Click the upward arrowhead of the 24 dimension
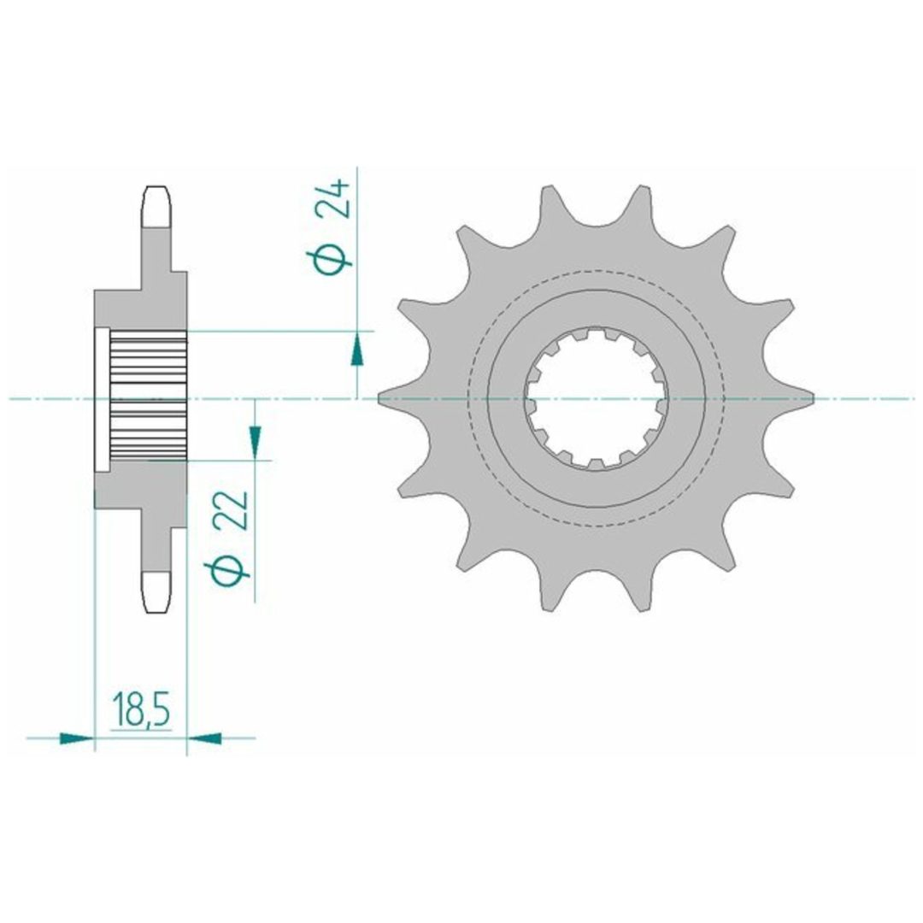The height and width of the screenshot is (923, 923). pos(356,350)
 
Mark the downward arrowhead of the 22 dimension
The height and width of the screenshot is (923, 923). pos(255,441)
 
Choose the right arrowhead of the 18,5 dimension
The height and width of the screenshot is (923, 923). pos(203,738)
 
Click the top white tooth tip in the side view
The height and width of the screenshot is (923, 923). pos(157,207)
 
